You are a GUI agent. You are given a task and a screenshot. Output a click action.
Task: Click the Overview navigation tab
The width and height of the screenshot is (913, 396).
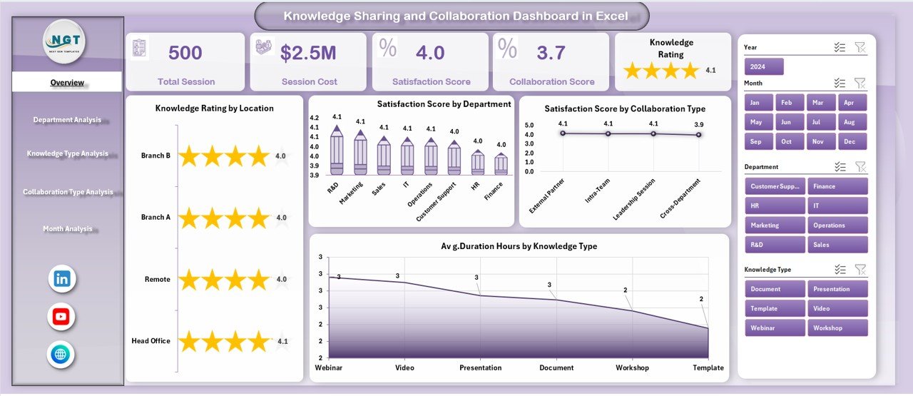67,83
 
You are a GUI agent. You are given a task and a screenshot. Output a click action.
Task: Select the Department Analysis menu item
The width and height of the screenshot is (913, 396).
67,120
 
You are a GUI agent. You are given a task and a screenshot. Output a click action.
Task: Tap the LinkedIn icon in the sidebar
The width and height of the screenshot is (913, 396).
62,279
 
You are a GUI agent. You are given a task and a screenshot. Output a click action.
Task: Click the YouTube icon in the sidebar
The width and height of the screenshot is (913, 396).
62,317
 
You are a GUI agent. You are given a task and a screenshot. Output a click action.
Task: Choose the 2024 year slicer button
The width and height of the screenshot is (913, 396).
764,67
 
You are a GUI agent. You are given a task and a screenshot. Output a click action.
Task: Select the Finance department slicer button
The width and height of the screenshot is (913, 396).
837,186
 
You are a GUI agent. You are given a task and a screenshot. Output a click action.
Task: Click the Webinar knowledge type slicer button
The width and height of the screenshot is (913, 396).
775,328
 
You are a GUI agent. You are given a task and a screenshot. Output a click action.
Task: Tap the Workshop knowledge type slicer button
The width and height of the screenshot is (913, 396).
837,328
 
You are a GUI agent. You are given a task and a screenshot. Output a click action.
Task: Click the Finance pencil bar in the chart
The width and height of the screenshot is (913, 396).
501,164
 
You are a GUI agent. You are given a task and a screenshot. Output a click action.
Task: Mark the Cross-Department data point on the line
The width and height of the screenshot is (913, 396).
698,135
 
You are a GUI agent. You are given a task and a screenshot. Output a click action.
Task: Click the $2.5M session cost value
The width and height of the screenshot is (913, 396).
308,53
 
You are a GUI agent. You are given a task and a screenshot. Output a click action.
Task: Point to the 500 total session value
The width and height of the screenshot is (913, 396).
185,53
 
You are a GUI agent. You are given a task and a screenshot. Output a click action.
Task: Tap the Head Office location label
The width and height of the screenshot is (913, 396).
151,341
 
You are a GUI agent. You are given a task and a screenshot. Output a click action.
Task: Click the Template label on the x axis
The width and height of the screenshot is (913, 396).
707,368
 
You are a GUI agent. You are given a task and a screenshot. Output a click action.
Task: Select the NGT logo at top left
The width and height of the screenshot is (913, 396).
64,41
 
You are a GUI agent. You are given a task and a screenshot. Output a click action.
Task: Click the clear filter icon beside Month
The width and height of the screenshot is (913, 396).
860,83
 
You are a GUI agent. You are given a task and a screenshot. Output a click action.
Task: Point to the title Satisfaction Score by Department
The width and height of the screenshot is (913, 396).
444,104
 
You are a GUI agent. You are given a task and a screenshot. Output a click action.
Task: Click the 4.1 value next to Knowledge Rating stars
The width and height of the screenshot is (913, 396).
710,71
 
